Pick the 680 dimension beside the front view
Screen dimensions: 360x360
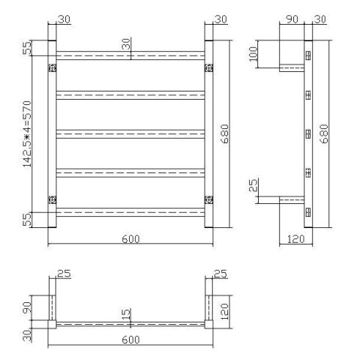[225, 134]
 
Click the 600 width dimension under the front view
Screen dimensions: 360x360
[128, 238]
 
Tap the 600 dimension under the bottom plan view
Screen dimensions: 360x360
[128, 340]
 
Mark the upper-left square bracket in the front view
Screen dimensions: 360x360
[52, 68]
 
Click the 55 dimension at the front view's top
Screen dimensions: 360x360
[28, 49]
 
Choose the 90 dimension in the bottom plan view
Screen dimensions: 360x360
[28, 307]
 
